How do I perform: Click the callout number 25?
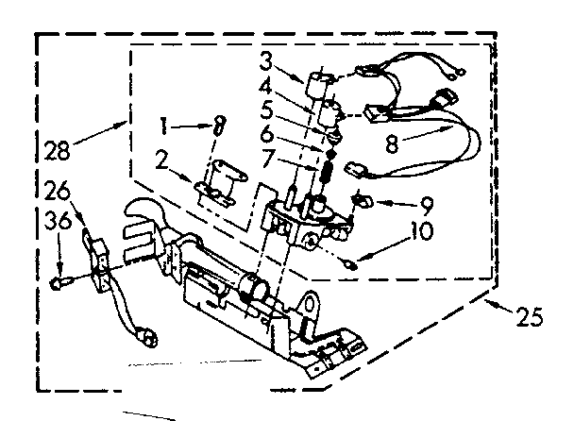[531, 318]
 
